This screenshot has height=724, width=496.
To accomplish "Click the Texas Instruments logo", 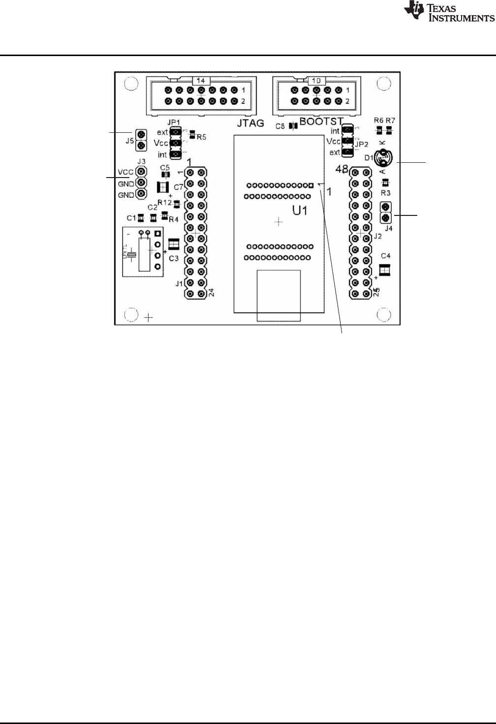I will (x=448, y=12).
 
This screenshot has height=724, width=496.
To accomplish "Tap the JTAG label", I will (x=250, y=123).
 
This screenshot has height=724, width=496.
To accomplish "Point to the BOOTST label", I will (x=321, y=121).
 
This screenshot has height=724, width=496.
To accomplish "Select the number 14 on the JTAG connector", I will (x=201, y=80).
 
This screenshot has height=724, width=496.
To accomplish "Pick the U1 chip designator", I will (x=300, y=211).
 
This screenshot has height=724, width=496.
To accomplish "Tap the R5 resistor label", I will (x=201, y=137).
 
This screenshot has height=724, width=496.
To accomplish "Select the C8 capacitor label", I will (x=280, y=126).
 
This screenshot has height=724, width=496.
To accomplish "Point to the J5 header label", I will (x=129, y=140).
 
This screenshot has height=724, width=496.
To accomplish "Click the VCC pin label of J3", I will (x=126, y=172).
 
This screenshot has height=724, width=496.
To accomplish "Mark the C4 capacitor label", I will (x=386, y=256).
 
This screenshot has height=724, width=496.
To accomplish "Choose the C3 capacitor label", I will (x=174, y=258).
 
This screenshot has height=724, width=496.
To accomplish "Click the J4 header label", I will (x=388, y=228).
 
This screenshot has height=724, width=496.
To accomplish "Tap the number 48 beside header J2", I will (x=342, y=169).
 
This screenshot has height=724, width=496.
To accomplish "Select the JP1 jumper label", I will (x=172, y=122).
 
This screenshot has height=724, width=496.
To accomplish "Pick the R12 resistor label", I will (x=164, y=202).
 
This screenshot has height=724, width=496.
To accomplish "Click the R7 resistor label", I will (x=390, y=120).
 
